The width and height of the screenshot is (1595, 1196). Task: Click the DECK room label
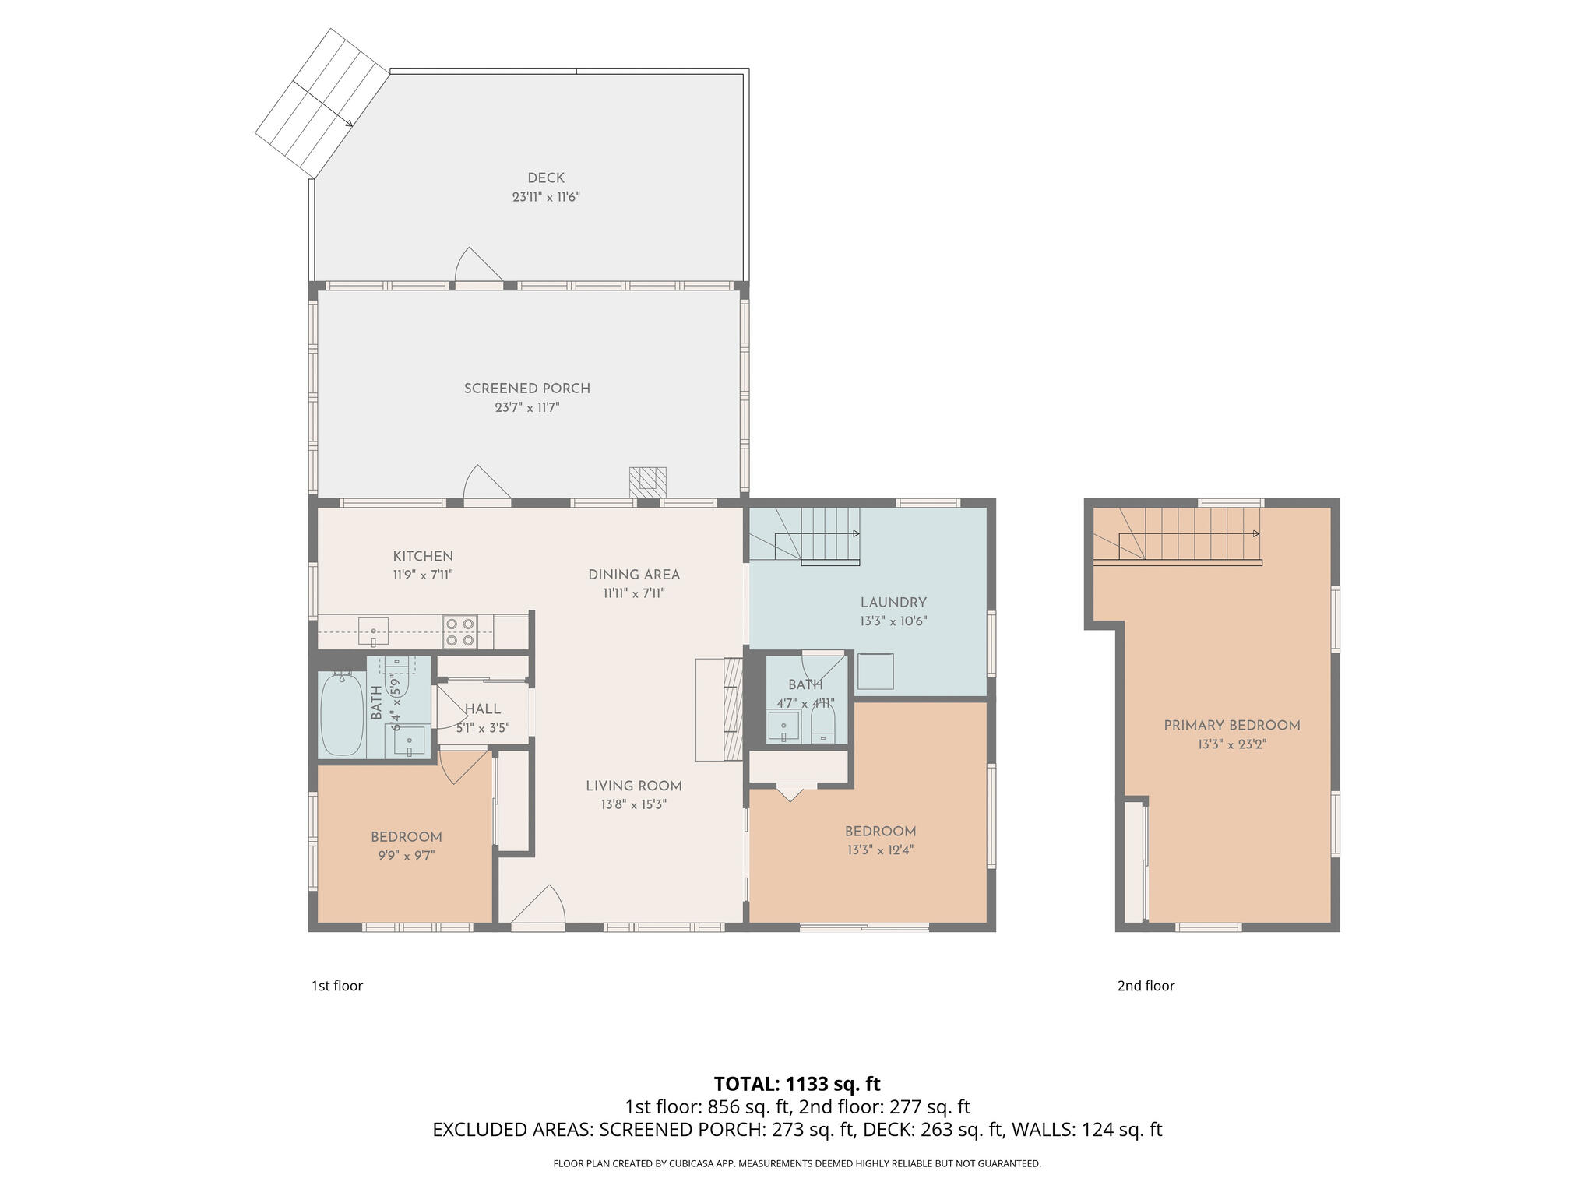pos(545,178)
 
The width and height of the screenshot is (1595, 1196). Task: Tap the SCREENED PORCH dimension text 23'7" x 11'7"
pos(527,407)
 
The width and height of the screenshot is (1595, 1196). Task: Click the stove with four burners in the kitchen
pos(459,631)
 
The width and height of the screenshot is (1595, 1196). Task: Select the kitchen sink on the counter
pos(374,631)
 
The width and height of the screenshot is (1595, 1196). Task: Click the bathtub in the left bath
pos(341,715)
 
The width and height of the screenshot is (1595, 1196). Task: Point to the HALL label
pos(483,709)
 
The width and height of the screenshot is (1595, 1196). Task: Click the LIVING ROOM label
pos(634,786)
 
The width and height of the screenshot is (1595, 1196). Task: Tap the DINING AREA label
pos(634,575)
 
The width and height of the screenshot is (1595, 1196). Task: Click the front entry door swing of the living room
pos(541,907)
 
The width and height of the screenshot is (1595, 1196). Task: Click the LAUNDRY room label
pos(893,603)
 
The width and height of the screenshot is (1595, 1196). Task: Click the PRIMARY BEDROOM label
pos(1231,726)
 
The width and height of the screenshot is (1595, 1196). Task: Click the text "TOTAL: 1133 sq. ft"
pos(797,1084)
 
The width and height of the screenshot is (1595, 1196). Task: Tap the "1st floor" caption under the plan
pos(336,986)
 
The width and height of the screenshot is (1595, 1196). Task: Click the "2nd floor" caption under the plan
pos(1146,986)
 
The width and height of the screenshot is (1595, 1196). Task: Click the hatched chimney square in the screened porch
pos(648,481)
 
